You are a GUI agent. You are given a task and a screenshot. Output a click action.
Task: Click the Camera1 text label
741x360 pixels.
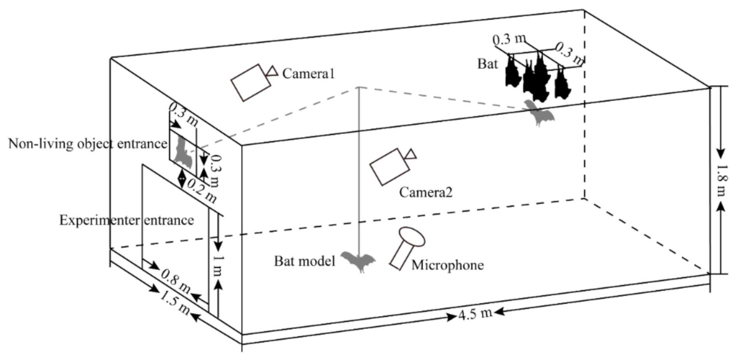coord(308,73)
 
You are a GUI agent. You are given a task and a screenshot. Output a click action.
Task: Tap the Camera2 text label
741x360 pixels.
coord(425,192)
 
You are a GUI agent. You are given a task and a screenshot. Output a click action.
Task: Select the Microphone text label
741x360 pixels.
coord(447,265)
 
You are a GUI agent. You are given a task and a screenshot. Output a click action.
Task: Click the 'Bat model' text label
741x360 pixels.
coord(305,261)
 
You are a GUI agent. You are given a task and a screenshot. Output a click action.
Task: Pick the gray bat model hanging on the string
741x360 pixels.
coord(358,261)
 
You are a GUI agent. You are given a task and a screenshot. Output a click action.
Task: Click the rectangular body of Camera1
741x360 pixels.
coord(251,83)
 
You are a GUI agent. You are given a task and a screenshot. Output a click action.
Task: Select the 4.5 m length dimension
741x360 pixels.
coord(475,314)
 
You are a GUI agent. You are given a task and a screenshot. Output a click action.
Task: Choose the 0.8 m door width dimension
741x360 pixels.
coord(176,281)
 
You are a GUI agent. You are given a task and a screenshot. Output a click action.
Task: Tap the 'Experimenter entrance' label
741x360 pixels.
coord(127,220)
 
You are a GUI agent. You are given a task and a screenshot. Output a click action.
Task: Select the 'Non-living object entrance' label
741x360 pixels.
coord(88,144)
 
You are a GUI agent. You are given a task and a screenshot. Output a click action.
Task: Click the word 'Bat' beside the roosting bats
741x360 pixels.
coord(487,63)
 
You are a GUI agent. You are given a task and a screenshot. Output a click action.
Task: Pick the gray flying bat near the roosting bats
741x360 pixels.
coord(538,113)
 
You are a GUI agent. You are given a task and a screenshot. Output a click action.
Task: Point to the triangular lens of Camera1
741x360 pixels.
coord(272,71)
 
